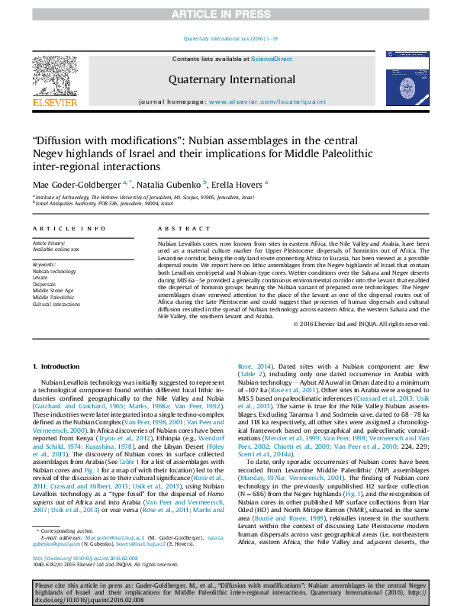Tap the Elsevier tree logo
point(54,74)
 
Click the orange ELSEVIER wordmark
point(54,102)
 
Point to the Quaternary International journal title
point(232,79)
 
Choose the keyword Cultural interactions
point(56,303)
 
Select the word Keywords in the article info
point(44,264)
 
